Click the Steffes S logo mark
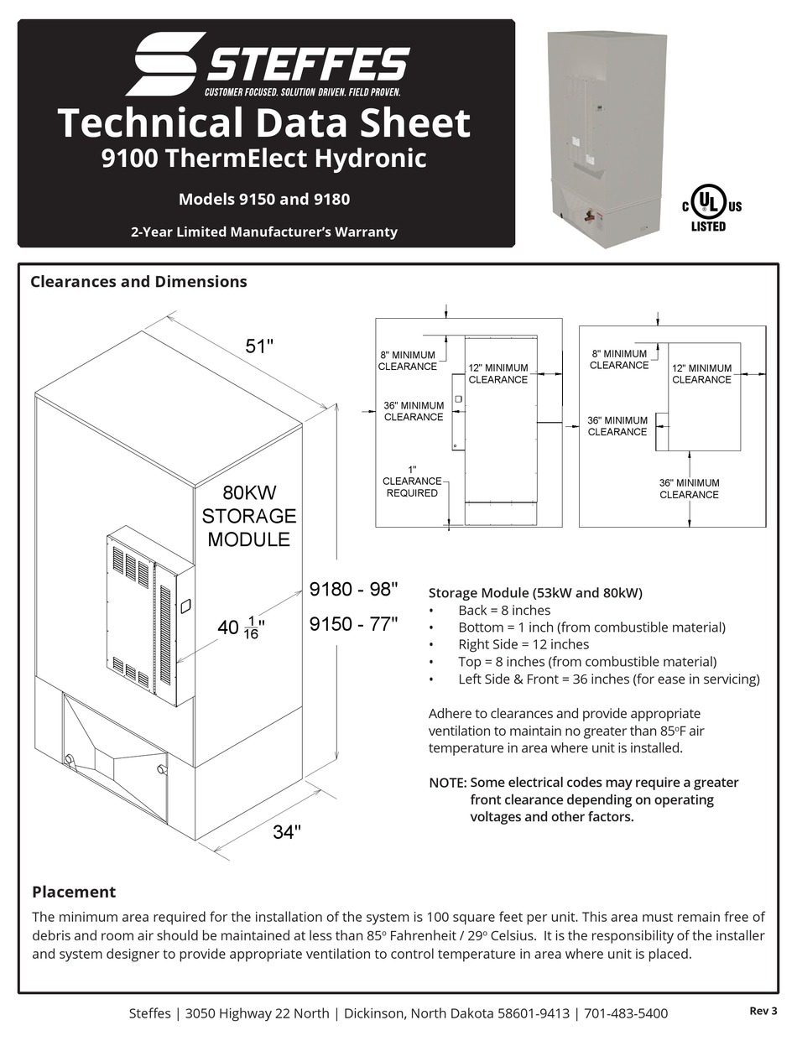tap(165, 64)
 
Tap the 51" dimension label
tap(259, 346)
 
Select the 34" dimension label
tap(287, 832)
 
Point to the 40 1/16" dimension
tap(241, 627)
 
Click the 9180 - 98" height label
tap(353, 590)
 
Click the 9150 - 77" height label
tap(353, 625)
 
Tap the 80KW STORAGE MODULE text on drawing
tap(248, 516)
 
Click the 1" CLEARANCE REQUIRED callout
tap(412, 481)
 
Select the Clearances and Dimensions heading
tap(138, 282)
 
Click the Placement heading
tap(74, 892)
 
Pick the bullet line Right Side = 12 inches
tap(524, 644)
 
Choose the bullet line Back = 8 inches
tap(504, 610)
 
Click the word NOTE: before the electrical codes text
tap(447, 783)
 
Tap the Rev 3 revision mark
tap(763, 1011)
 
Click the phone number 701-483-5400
tap(628, 1013)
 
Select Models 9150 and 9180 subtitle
tap(264, 200)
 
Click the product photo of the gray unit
tap(607, 134)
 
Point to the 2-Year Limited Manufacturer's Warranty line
tap(264, 232)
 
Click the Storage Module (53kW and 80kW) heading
tap(535, 592)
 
